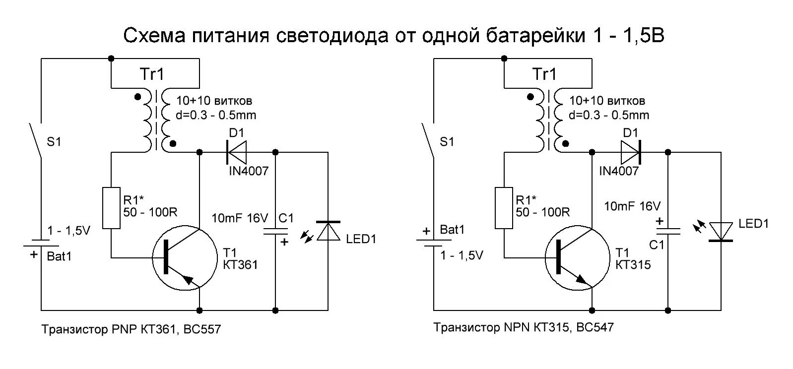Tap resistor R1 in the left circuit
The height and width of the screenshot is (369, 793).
coord(111,208)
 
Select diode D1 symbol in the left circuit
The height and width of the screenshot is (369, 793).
coord(237,152)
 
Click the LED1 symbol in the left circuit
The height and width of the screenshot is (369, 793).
coord(328,231)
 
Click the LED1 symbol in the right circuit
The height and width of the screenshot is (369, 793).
coord(721,232)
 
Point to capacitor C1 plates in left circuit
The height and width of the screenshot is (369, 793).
coord(275,232)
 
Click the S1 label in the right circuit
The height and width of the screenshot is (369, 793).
coord(447,142)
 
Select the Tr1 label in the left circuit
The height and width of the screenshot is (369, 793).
coord(151,74)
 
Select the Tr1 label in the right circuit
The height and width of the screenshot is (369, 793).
coord(544,74)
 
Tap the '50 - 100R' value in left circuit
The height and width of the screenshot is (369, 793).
coord(150,212)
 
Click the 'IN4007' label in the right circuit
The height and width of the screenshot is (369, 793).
coord(619,171)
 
